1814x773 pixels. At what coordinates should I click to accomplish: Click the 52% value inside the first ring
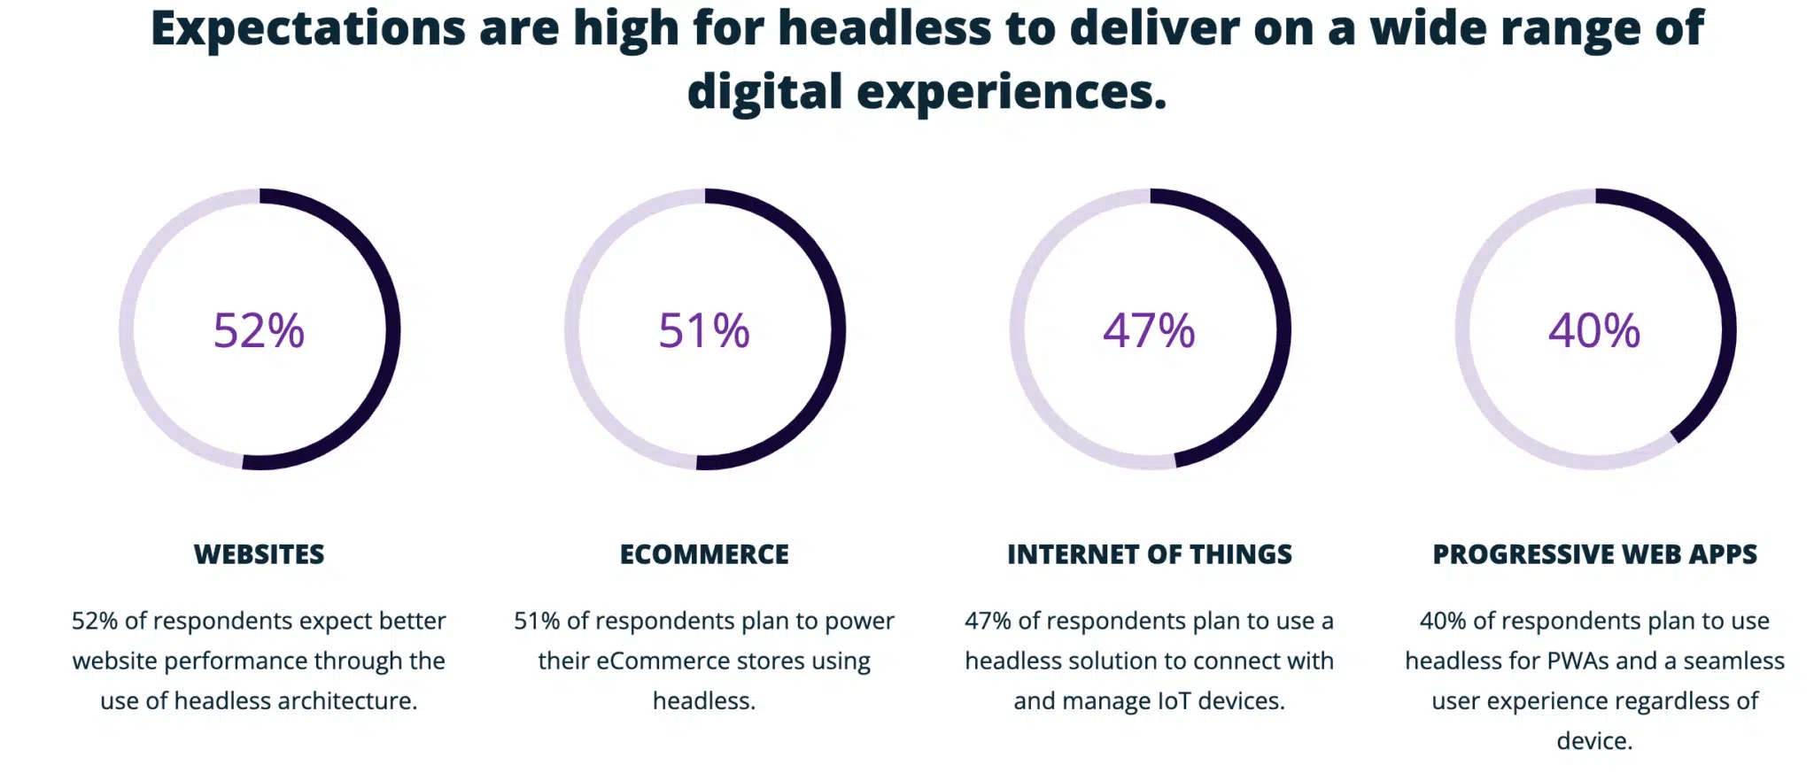[259, 330]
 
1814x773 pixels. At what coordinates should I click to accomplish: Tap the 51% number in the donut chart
[704, 330]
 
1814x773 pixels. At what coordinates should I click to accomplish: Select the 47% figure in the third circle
[1149, 330]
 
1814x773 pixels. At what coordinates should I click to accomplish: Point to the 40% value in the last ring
[1594, 330]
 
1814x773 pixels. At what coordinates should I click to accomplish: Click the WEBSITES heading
[259, 554]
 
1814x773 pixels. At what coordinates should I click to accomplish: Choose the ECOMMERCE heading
[704, 554]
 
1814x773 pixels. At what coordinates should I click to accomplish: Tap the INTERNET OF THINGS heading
[1149, 554]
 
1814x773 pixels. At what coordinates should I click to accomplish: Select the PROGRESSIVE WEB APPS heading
[1594, 554]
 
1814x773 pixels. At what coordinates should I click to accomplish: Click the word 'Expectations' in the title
[307, 28]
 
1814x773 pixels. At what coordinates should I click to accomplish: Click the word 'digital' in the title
[764, 92]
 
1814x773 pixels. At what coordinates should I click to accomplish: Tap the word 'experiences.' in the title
[1012, 92]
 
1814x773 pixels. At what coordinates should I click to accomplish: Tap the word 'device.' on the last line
[1594, 741]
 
